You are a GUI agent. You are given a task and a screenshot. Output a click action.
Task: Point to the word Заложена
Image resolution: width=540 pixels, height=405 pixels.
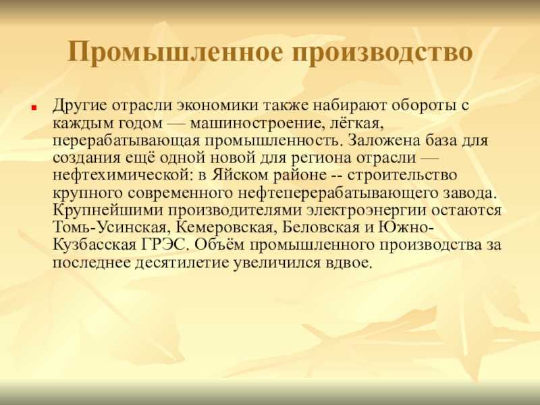(383, 141)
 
